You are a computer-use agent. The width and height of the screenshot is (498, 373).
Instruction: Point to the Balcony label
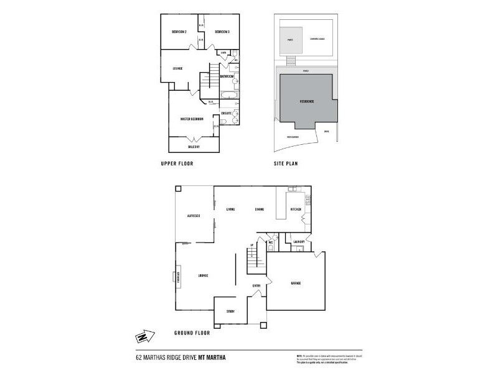click(194, 147)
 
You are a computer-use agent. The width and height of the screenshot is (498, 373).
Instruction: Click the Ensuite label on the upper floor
click(226, 113)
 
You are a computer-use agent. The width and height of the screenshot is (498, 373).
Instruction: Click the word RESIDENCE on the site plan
click(307, 101)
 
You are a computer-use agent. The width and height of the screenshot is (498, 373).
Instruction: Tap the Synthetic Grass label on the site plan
click(318, 39)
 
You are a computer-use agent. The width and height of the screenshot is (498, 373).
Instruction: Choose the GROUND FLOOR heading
click(192, 333)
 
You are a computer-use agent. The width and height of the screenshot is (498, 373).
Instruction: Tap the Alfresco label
click(193, 216)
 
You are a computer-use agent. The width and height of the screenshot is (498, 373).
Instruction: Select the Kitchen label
click(296, 210)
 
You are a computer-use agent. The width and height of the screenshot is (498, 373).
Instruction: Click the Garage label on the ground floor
click(296, 283)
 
